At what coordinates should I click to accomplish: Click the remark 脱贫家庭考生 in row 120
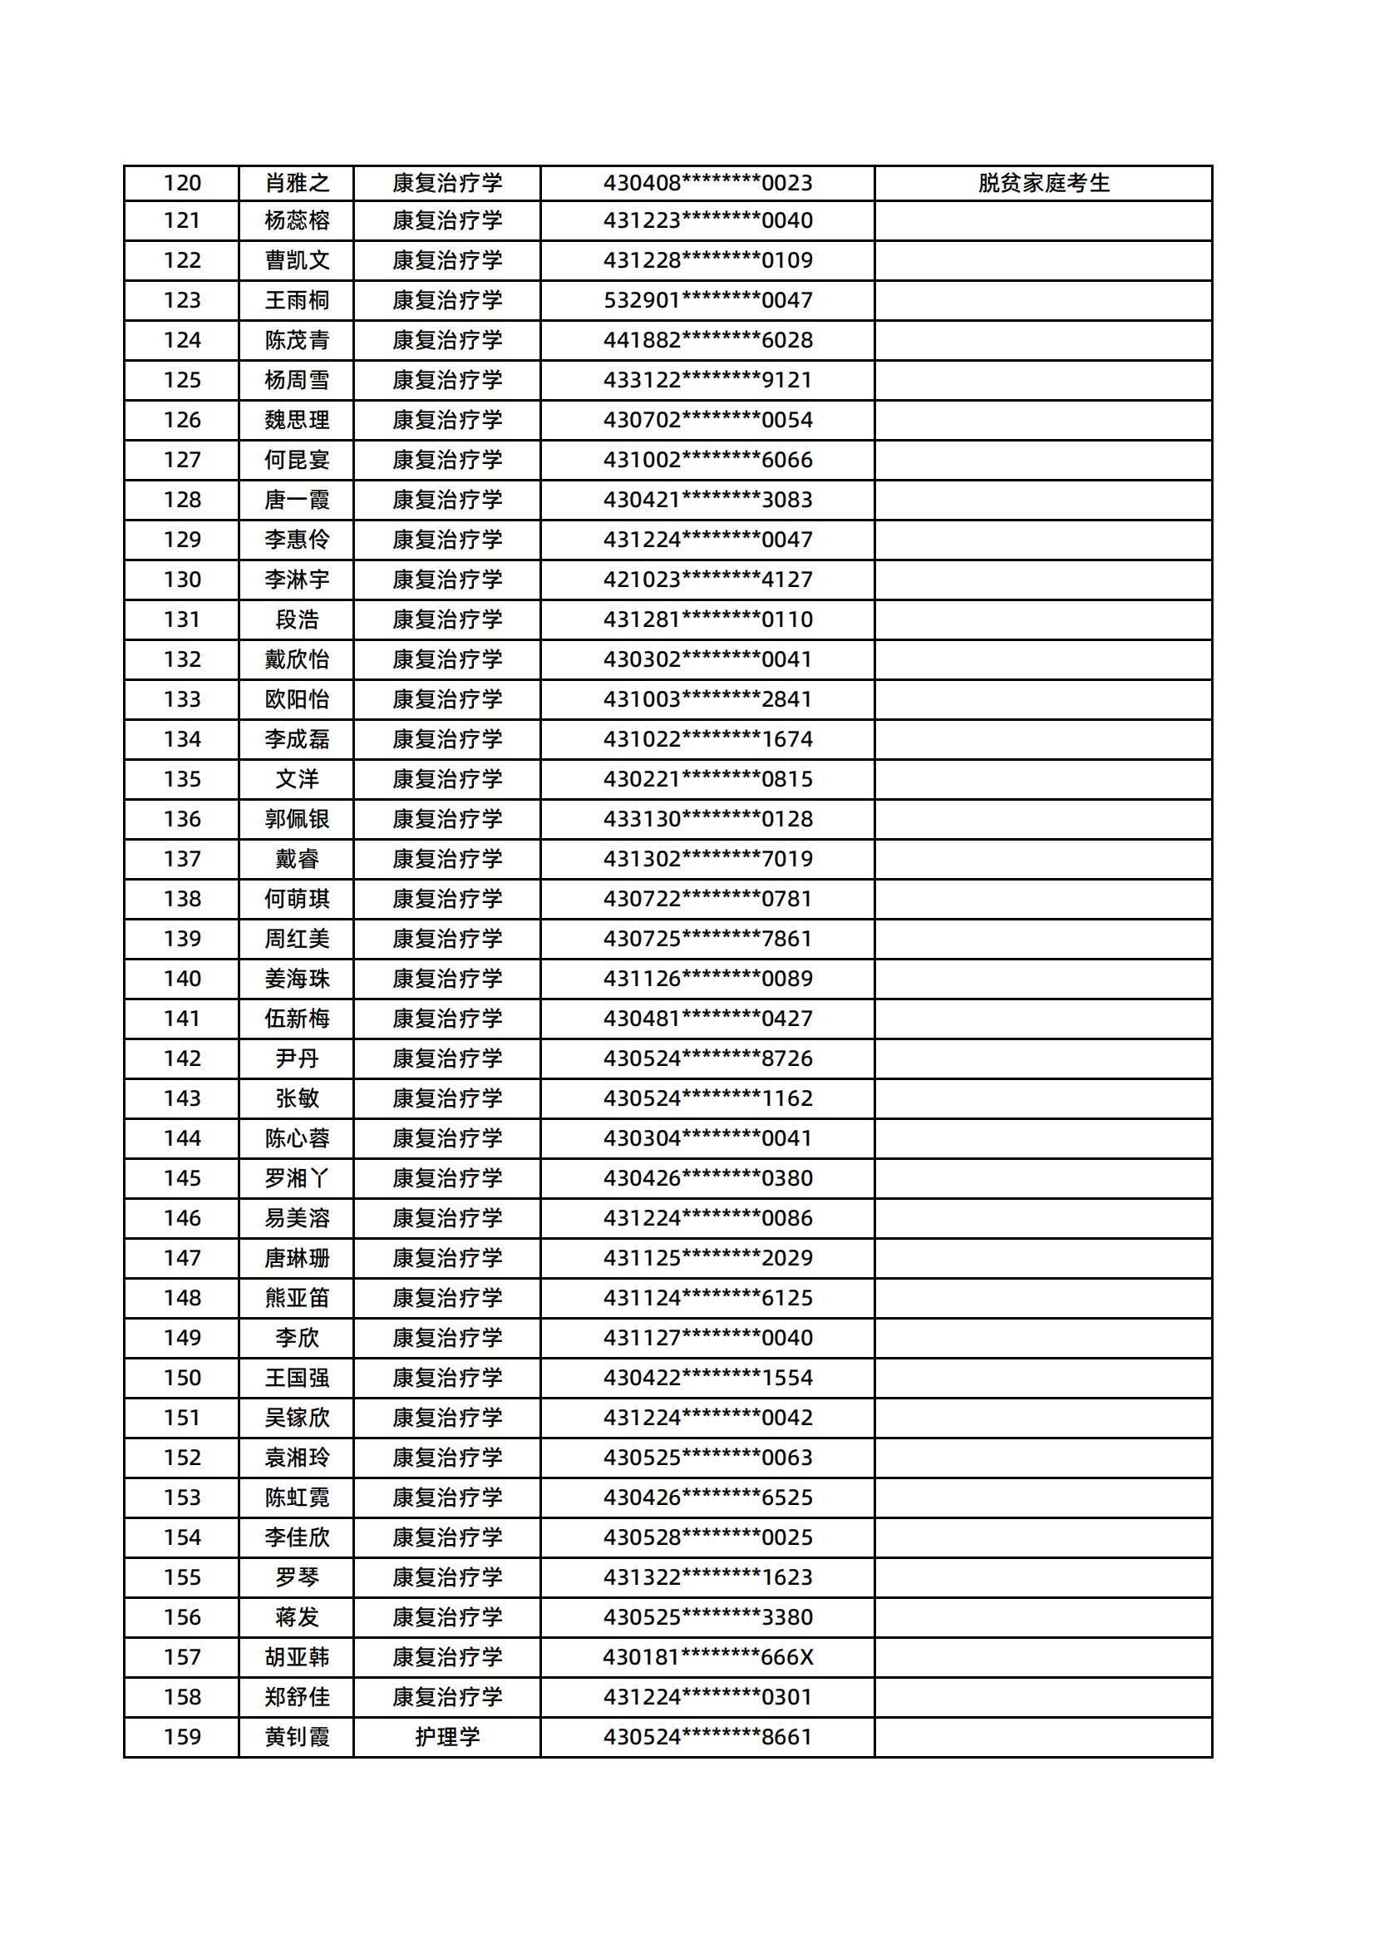click(x=1043, y=183)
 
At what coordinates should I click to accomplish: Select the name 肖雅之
click(x=296, y=183)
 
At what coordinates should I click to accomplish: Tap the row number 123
click(x=182, y=300)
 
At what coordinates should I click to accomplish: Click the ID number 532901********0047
click(x=707, y=300)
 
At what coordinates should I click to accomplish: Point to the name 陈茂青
click(x=296, y=340)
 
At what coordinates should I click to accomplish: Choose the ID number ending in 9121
click(x=707, y=380)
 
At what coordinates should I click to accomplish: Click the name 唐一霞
click(x=296, y=501)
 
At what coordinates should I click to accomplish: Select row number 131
click(x=182, y=619)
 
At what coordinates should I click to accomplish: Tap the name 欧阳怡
click(x=296, y=699)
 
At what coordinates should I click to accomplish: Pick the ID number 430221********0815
click(x=707, y=779)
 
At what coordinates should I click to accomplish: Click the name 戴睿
click(x=296, y=860)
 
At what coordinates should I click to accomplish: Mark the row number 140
click(x=182, y=979)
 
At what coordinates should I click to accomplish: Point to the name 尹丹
click(x=296, y=1058)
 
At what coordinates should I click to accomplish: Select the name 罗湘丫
click(x=296, y=1178)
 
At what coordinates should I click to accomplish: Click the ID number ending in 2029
click(x=707, y=1258)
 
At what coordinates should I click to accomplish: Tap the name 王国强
click(x=296, y=1378)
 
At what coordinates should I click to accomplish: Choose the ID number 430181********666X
click(x=707, y=1657)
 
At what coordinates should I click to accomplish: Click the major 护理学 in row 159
click(x=447, y=1738)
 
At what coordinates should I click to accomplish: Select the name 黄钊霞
click(x=296, y=1738)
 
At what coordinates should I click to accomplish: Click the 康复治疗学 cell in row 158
click(x=447, y=1698)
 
